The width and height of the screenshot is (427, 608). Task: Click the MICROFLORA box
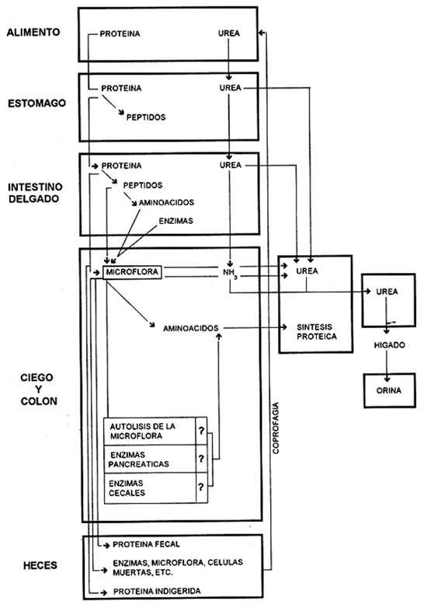pyautogui.click(x=131, y=271)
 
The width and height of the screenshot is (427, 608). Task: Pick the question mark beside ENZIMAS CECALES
pyautogui.click(x=201, y=488)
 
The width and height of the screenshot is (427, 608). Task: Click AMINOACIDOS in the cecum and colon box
pyautogui.click(x=189, y=329)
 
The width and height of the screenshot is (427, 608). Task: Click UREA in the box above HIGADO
pyautogui.click(x=387, y=291)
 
